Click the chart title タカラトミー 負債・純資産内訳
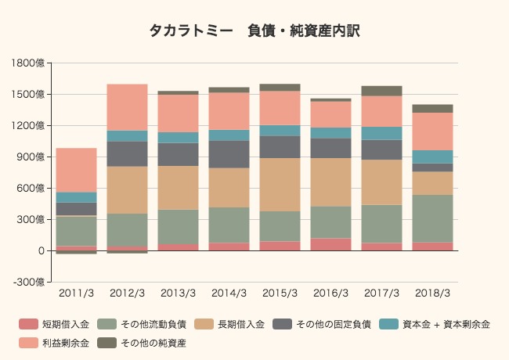pos(254,31)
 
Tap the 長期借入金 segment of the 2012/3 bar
pos(127,190)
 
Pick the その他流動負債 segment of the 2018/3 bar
pos(432,218)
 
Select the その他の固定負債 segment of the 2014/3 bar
pos(229,154)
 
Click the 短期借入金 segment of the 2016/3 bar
pos(330,244)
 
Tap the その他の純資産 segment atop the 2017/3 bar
pos(381,91)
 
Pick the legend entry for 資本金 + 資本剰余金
pos(439,324)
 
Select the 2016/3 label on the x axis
pos(330,293)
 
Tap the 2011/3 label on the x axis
pos(76,293)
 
